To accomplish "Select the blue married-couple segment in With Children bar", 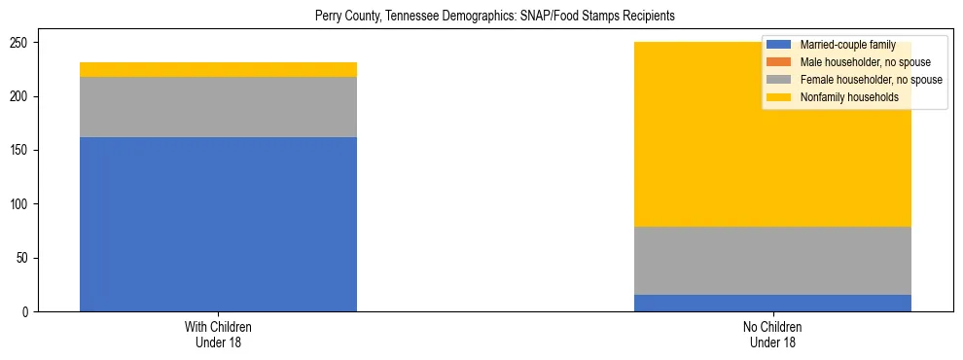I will tap(218, 224).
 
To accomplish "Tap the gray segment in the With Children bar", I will tap(218, 107).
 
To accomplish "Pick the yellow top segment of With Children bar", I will tap(218, 69).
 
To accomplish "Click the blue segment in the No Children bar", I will tap(772, 303).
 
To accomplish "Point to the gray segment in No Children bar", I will tap(772, 261).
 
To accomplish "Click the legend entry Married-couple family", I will tap(846, 45).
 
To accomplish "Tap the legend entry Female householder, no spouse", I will tap(871, 80).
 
